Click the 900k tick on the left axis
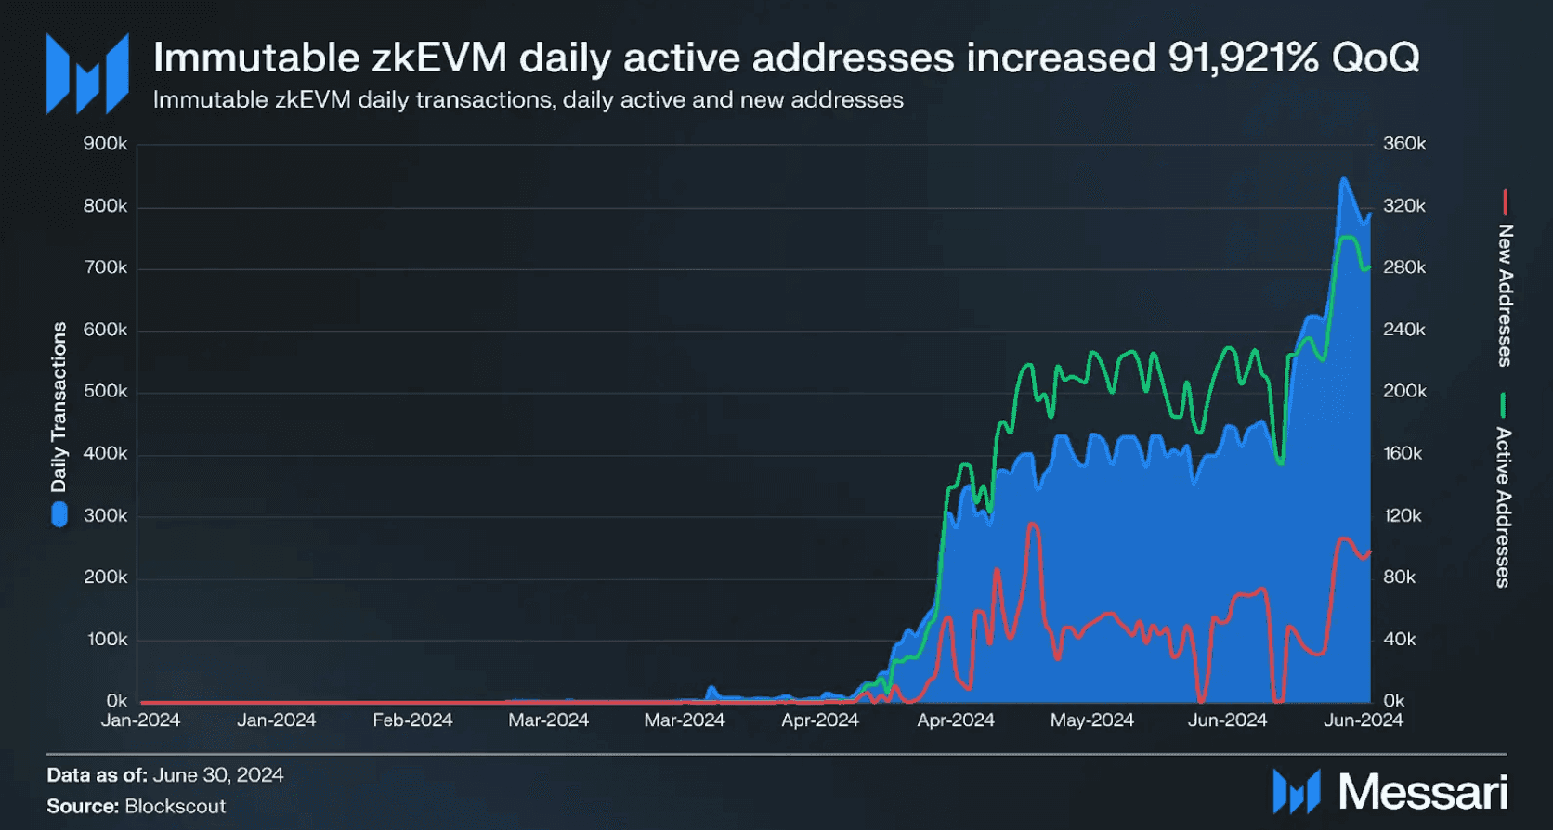pyautogui.click(x=105, y=144)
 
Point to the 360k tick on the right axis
pyautogui.click(x=1403, y=144)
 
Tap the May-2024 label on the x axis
pyautogui.click(x=1091, y=720)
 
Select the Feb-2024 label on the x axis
pyautogui.click(x=412, y=720)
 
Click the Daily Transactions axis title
pyautogui.click(x=59, y=407)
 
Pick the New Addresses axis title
pyautogui.click(x=1505, y=295)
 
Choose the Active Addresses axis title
pyautogui.click(x=1503, y=507)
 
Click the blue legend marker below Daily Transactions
pyautogui.click(x=59, y=514)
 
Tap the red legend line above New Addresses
pyautogui.click(x=1505, y=201)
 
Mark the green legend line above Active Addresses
pyautogui.click(x=1503, y=406)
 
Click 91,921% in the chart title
pyautogui.click(x=1243, y=58)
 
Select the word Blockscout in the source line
pyautogui.click(x=176, y=806)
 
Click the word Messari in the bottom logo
pyautogui.click(x=1422, y=792)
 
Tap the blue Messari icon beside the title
pyautogui.click(x=87, y=74)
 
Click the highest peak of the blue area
pyautogui.click(x=1342, y=178)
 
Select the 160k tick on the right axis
pyautogui.click(x=1403, y=454)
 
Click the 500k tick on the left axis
pyautogui.click(x=105, y=392)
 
